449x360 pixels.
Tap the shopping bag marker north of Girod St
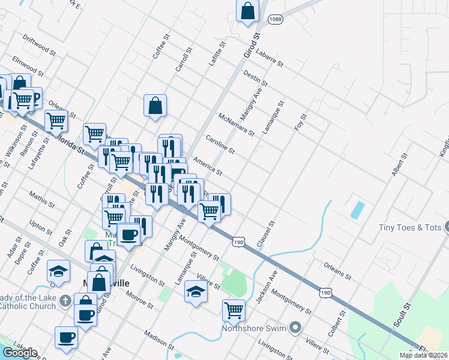pos(247,11)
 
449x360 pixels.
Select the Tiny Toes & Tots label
pos(409,227)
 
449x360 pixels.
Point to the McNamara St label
pos(237,124)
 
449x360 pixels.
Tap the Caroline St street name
pos(220,143)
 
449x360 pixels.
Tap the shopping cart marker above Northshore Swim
pos(234,310)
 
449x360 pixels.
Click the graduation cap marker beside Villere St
pos(196,291)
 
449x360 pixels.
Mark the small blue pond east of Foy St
pos(357,209)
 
